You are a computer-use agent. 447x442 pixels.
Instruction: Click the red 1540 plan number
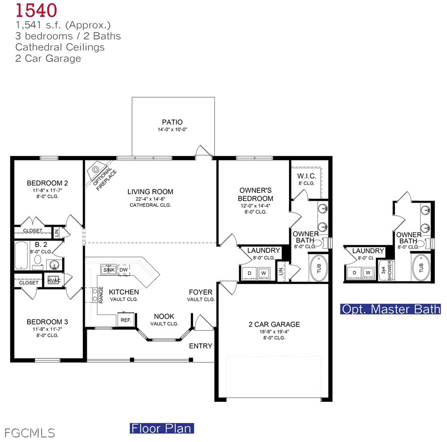coord(36,10)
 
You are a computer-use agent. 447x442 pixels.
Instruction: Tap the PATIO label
coord(172,122)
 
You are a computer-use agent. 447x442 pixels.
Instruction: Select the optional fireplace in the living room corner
coord(100,173)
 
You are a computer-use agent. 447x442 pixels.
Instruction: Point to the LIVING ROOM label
coord(150,192)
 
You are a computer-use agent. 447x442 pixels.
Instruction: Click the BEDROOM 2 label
coord(47,183)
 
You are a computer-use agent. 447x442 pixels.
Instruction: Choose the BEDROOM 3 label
coord(47,322)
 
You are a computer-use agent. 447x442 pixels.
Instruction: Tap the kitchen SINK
coord(109,270)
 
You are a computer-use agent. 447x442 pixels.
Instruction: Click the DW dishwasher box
coord(123,270)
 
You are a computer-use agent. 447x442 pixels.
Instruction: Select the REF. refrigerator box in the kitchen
coord(125,320)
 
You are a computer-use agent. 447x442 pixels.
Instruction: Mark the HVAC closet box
coord(54,280)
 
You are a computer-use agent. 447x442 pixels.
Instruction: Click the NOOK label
coord(164,316)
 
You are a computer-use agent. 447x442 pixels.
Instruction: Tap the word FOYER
coord(201,292)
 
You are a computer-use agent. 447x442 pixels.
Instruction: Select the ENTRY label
coord(201,346)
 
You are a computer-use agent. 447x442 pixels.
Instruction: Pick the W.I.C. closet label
coord(306,176)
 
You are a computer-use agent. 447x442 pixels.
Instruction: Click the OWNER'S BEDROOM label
coord(255,194)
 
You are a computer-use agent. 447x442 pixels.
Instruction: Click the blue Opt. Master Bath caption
coord(391,309)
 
